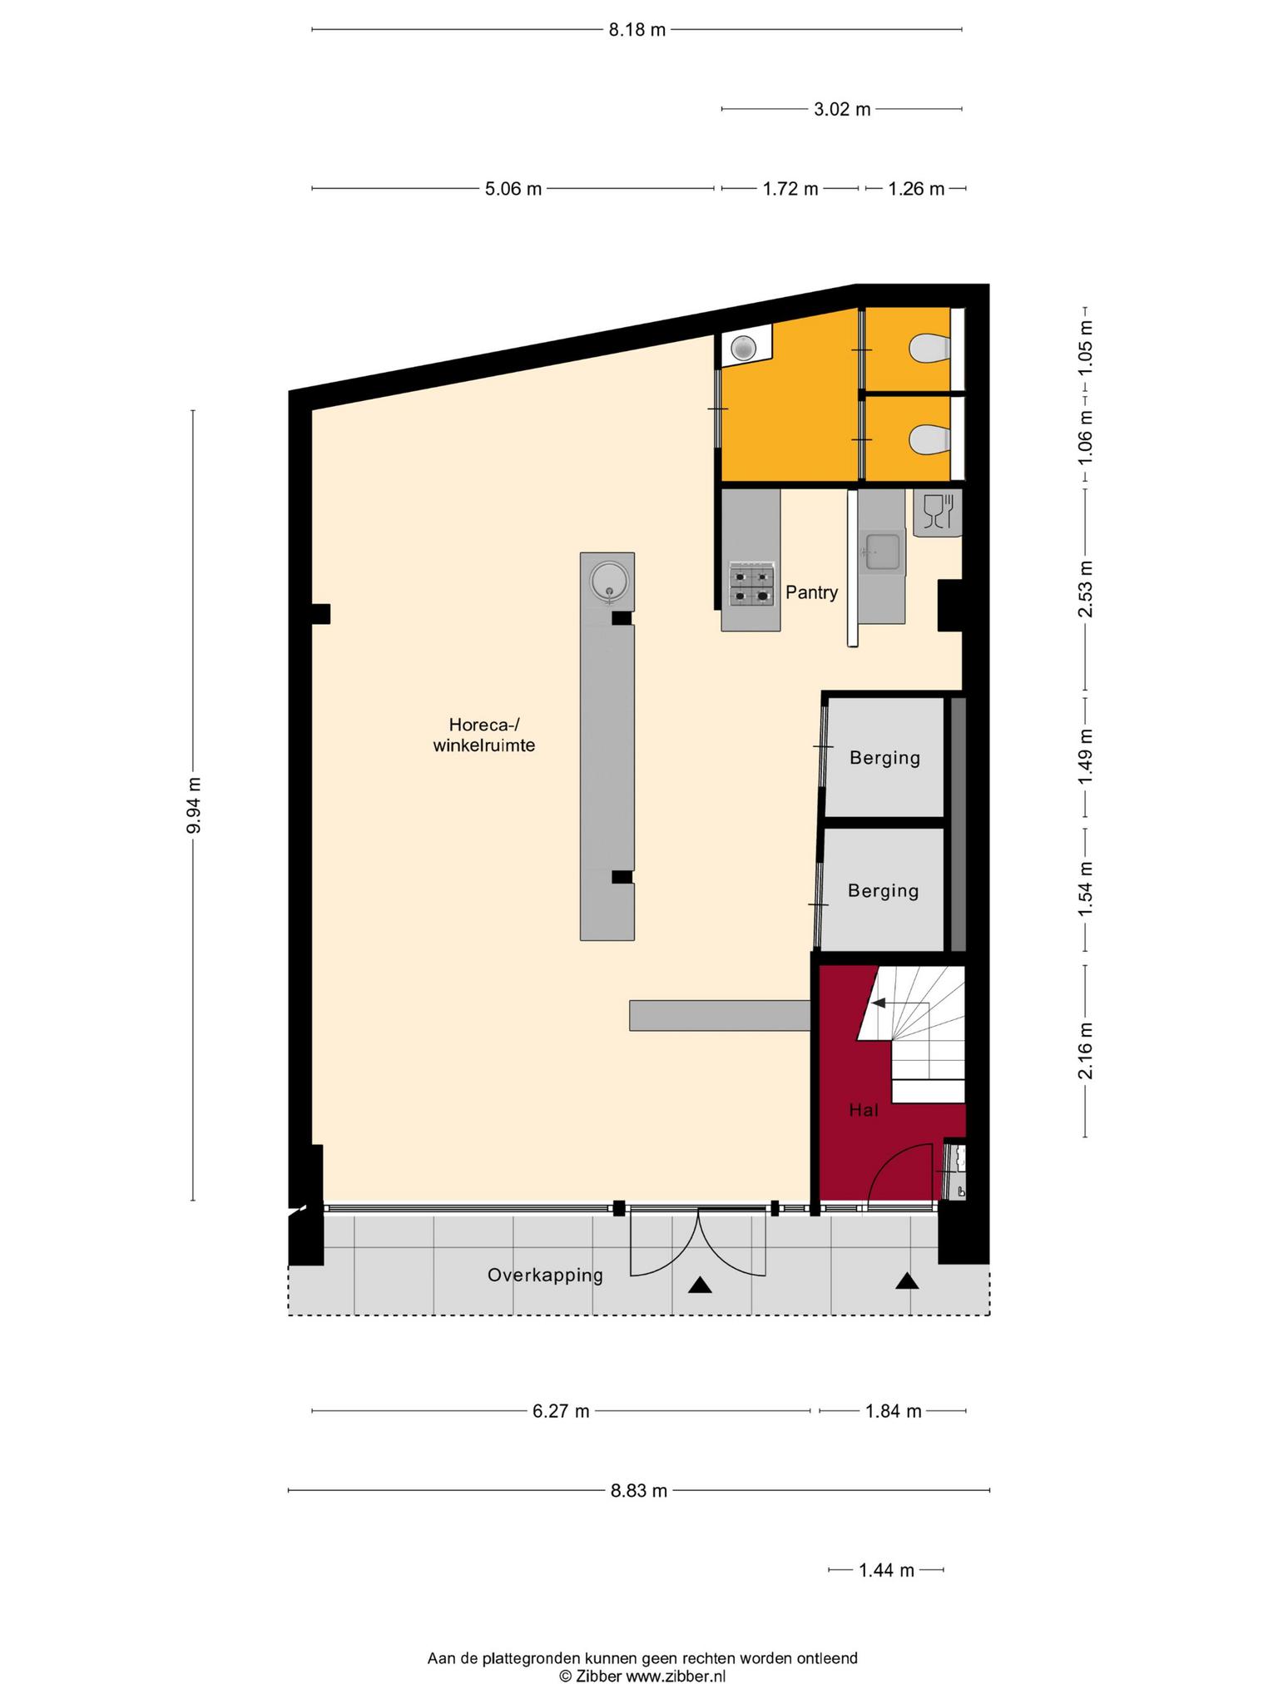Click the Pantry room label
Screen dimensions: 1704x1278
coord(811,592)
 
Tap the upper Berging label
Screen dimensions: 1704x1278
coord(884,758)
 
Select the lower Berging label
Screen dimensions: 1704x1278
coord(883,891)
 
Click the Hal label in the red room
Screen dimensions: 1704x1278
coord(864,1110)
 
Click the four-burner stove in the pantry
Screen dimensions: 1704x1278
coord(751,584)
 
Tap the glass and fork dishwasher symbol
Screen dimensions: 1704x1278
coord(937,511)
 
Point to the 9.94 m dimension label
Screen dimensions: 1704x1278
coord(193,805)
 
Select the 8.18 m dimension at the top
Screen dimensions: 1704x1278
coord(637,31)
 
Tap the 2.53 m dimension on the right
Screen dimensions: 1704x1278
coord(1086,589)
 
